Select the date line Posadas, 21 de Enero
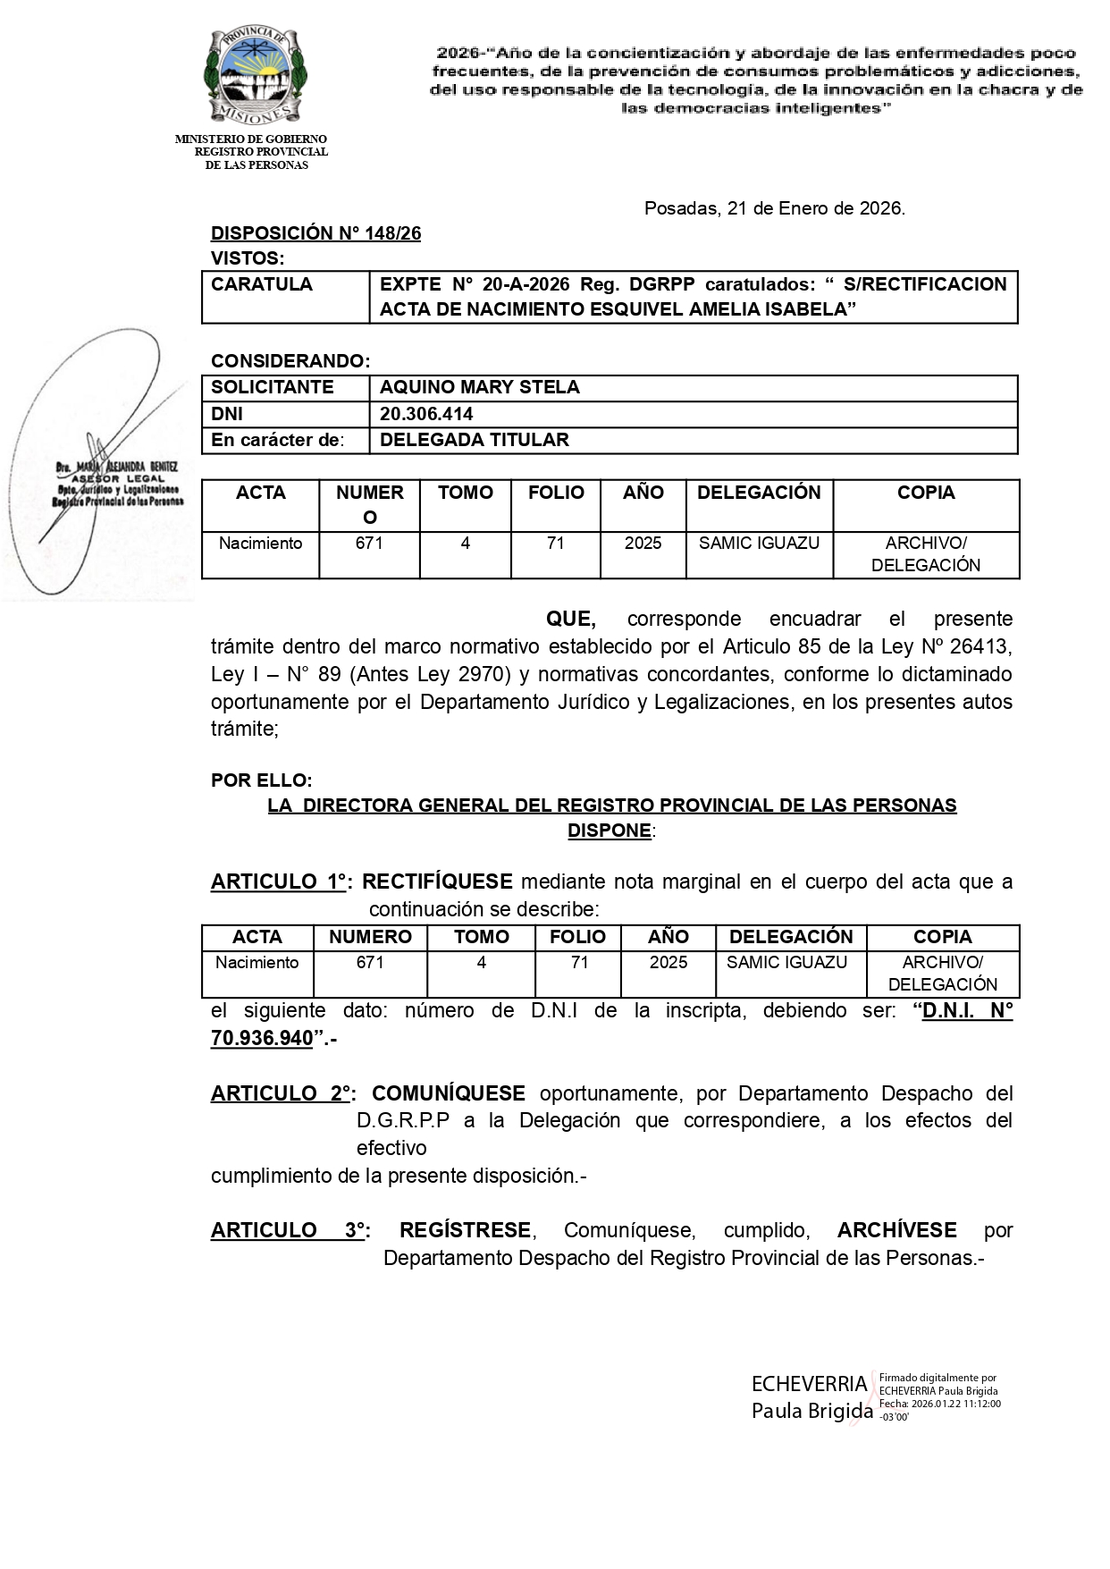[774, 209]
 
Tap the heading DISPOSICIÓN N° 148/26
[315, 234]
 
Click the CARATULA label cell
[262, 285]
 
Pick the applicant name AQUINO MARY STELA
[479, 388]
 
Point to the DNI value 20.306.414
[426, 414]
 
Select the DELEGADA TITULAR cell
[474, 440]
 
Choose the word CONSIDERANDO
[290, 361]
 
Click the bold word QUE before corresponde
[570, 620]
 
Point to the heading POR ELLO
[261, 780]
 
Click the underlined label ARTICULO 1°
[278, 882]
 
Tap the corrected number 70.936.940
[262, 1039]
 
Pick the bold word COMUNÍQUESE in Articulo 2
[448, 1094]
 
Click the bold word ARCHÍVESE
[896, 1231]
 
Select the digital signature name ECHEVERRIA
[809, 1385]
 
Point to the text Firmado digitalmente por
[937, 1378]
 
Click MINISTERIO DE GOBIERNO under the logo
[250, 139]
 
